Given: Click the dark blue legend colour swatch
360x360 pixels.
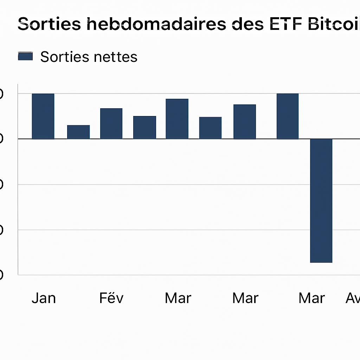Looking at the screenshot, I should pos(25,57).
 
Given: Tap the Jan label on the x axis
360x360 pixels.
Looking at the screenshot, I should pos(44,298).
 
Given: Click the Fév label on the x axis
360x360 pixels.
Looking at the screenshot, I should pos(111,298).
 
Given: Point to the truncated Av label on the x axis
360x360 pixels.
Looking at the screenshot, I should pos(353,298).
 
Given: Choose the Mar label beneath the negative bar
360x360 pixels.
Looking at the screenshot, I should pos(312,298).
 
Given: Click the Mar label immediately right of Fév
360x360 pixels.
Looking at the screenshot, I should pos(178,298).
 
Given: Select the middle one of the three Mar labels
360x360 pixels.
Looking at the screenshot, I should pos(245,298).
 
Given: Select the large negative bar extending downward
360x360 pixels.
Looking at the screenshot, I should pos(321,200).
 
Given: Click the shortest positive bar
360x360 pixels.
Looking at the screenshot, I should pos(78,132).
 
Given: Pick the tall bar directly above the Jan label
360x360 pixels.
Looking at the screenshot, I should pos(43,116).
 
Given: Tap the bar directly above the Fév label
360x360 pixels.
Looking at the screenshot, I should pos(111,123).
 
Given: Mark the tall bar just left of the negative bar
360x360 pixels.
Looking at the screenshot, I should pos(288,116).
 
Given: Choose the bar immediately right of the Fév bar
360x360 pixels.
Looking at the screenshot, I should pos(144,127).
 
